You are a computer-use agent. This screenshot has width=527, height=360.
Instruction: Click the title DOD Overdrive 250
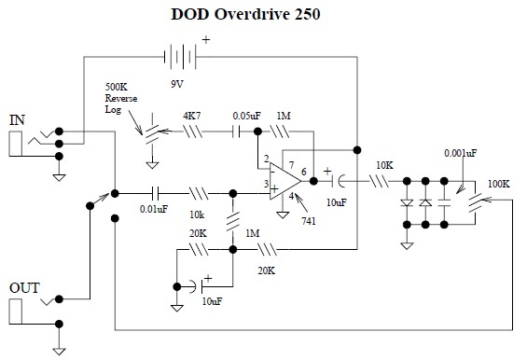click(x=245, y=14)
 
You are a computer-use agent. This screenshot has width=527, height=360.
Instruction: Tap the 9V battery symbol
click(x=180, y=57)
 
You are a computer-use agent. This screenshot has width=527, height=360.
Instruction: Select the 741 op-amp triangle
click(x=285, y=181)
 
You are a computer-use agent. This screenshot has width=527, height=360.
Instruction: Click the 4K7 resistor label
click(x=192, y=116)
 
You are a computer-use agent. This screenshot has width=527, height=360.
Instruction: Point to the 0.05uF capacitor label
click(x=246, y=116)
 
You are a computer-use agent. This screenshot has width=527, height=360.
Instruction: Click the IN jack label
click(x=17, y=120)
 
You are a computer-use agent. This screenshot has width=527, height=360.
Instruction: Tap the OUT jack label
click(x=24, y=288)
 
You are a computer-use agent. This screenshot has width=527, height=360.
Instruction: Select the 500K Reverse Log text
click(x=121, y=98)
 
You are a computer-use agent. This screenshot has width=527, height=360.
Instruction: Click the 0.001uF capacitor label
click(x=460, y=153)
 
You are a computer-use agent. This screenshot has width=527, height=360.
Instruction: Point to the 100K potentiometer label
click(x=499, y=184)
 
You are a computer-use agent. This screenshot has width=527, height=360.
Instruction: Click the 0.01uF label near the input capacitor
click(x=154, y=209)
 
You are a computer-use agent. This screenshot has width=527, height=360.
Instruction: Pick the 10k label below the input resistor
click(x=197, y=215)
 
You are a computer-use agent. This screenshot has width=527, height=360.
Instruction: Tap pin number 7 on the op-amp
click(x=291, y=165)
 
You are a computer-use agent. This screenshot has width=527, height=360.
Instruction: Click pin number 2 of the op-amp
click(x=266, y=159)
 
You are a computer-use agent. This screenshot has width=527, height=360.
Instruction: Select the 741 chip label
click(x=309, y=221)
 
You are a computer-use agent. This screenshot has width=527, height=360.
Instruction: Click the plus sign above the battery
click(x=206, y=40)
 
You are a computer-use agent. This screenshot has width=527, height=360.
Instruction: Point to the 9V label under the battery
click(x=177, y=84)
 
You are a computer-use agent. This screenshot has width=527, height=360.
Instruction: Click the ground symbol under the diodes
click(x=407, y=246)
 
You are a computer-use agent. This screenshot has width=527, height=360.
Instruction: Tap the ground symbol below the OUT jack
click(x=59, y=352)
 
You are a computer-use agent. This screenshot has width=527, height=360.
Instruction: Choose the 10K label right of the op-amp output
click(x=384, y=165)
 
